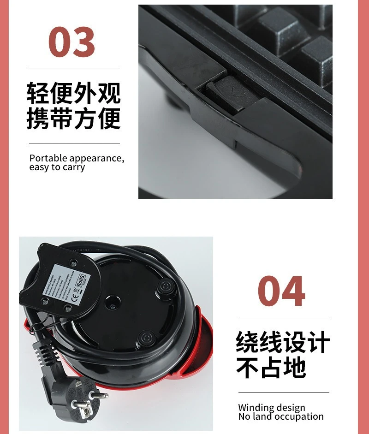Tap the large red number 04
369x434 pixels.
tap(281, 291)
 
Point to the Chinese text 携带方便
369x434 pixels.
tap(73, 118)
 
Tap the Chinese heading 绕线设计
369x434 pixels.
tap(283, 343)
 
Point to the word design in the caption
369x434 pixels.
tap(290, 408)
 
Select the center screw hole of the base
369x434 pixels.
tap(111, 304)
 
